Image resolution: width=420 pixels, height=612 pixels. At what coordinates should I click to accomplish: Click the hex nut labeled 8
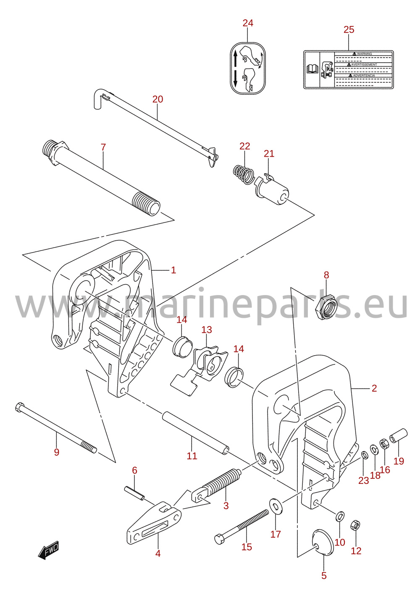326,307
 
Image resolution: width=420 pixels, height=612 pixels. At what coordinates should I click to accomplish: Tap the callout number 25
349,29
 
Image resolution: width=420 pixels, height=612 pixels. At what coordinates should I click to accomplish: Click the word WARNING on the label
364,54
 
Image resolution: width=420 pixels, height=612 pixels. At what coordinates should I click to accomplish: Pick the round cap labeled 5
323,542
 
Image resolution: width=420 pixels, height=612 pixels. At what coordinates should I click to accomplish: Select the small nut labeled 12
355,525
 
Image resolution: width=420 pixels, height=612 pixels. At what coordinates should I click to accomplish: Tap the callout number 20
157,99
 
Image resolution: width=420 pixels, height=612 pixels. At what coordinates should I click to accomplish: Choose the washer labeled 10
340,516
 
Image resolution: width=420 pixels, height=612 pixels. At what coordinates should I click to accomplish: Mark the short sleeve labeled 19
399,436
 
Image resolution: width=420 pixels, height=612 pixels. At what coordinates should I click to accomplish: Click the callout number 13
207,330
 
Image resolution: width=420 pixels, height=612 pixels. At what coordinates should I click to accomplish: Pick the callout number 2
374,388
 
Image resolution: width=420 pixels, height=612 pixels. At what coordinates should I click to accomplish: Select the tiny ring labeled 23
364,455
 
